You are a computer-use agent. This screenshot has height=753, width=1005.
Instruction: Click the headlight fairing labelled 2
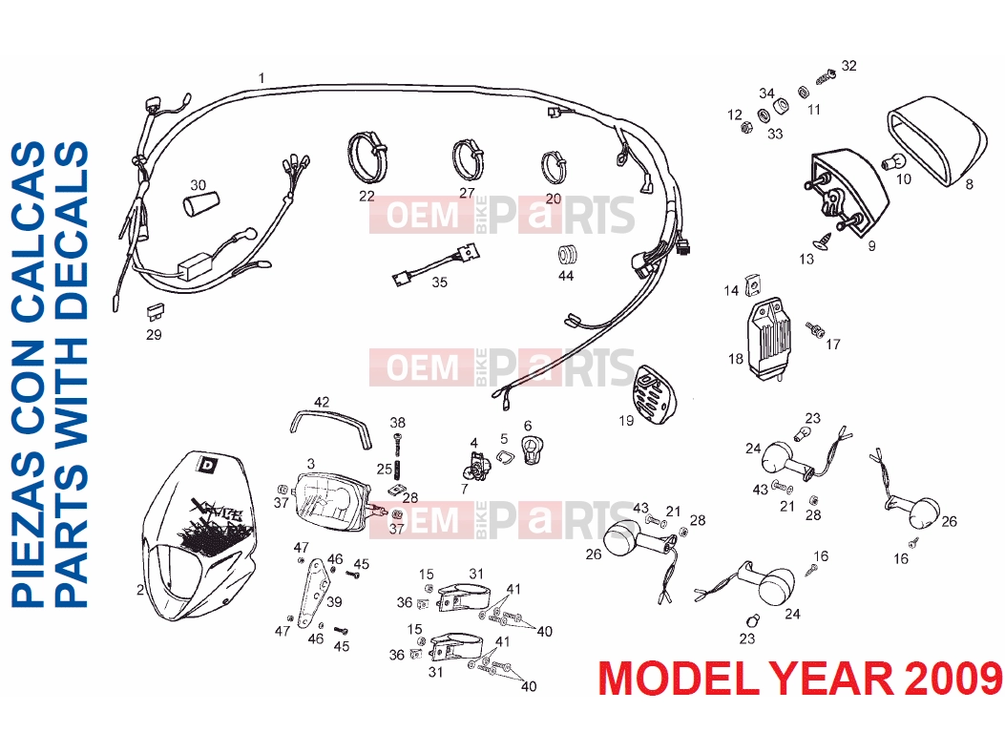coord(199,538)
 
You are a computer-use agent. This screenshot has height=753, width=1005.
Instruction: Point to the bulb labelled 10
coord(889,161)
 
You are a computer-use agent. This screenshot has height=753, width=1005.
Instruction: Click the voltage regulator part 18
coord(769,339)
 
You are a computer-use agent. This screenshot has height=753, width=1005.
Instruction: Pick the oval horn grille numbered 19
coord(655,394)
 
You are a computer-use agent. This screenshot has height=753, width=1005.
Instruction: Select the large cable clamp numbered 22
coord(367,157)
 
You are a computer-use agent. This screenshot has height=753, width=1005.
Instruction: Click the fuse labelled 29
coord(156,312)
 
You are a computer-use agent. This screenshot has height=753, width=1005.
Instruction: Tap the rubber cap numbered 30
coord(200,205)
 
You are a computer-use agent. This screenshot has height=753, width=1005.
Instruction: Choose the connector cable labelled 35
coord(436,262)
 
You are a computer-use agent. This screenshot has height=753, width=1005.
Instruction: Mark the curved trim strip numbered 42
coord(331,428)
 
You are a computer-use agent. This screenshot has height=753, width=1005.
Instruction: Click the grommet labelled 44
coord(567,254)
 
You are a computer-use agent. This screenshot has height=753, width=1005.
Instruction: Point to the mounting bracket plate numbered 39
coord(316,593)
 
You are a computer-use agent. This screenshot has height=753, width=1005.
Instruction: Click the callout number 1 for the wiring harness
coord(262,78)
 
